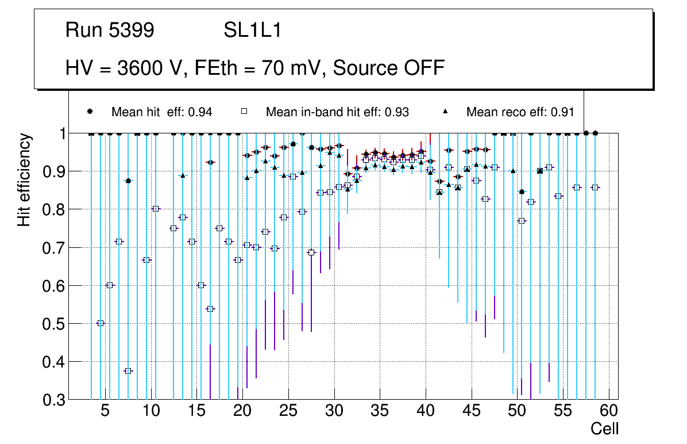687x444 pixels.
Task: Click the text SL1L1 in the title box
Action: click(x=252, y=30)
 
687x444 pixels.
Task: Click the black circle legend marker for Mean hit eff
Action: click(x=90, y=112)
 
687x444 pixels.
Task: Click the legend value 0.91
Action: click(x=563, y=112)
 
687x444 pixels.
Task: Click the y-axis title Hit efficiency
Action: click(x=24, y=179)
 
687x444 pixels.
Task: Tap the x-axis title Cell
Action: click(x=604, y=428)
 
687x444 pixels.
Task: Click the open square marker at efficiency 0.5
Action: click(x=101, y=323)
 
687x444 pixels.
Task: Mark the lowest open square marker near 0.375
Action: click(x=128, y=371)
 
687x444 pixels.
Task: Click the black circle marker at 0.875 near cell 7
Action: click(x=128, y=181)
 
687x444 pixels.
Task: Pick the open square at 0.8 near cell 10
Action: click(x=155, y=209)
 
